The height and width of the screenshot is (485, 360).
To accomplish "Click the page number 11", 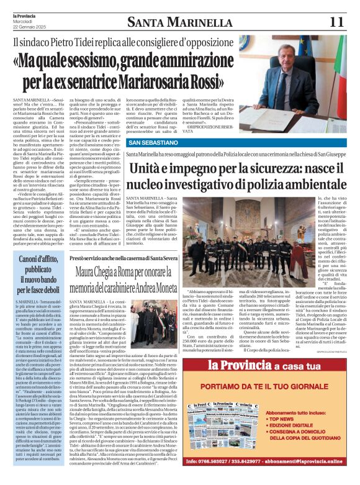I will pyautogui.click(x=337, y=22).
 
